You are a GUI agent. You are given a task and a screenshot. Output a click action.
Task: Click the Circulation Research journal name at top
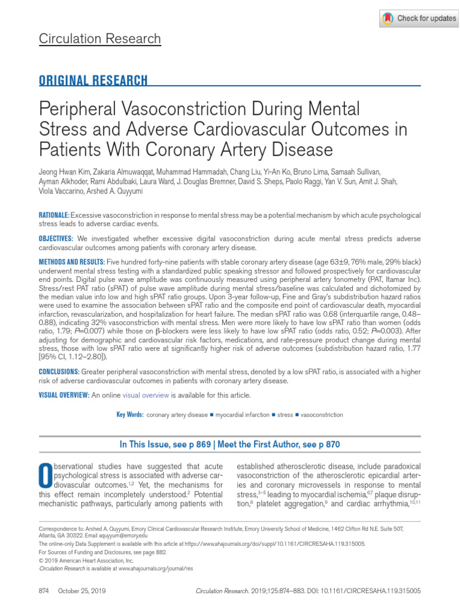point(99,39)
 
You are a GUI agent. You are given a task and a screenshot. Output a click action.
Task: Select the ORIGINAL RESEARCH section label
point(93,81)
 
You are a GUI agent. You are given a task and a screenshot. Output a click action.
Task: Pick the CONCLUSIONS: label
point(59,372)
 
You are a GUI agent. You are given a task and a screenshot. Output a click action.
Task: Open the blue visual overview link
point(146,395)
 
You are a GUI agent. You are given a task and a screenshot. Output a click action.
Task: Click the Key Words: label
point(129,414)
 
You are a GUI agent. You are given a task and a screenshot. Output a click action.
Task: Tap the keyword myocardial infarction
point(242,414)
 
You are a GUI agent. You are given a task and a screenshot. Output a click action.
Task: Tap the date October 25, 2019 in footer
point(81,590)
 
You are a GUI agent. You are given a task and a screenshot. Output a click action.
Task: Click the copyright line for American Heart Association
point(86,561)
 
